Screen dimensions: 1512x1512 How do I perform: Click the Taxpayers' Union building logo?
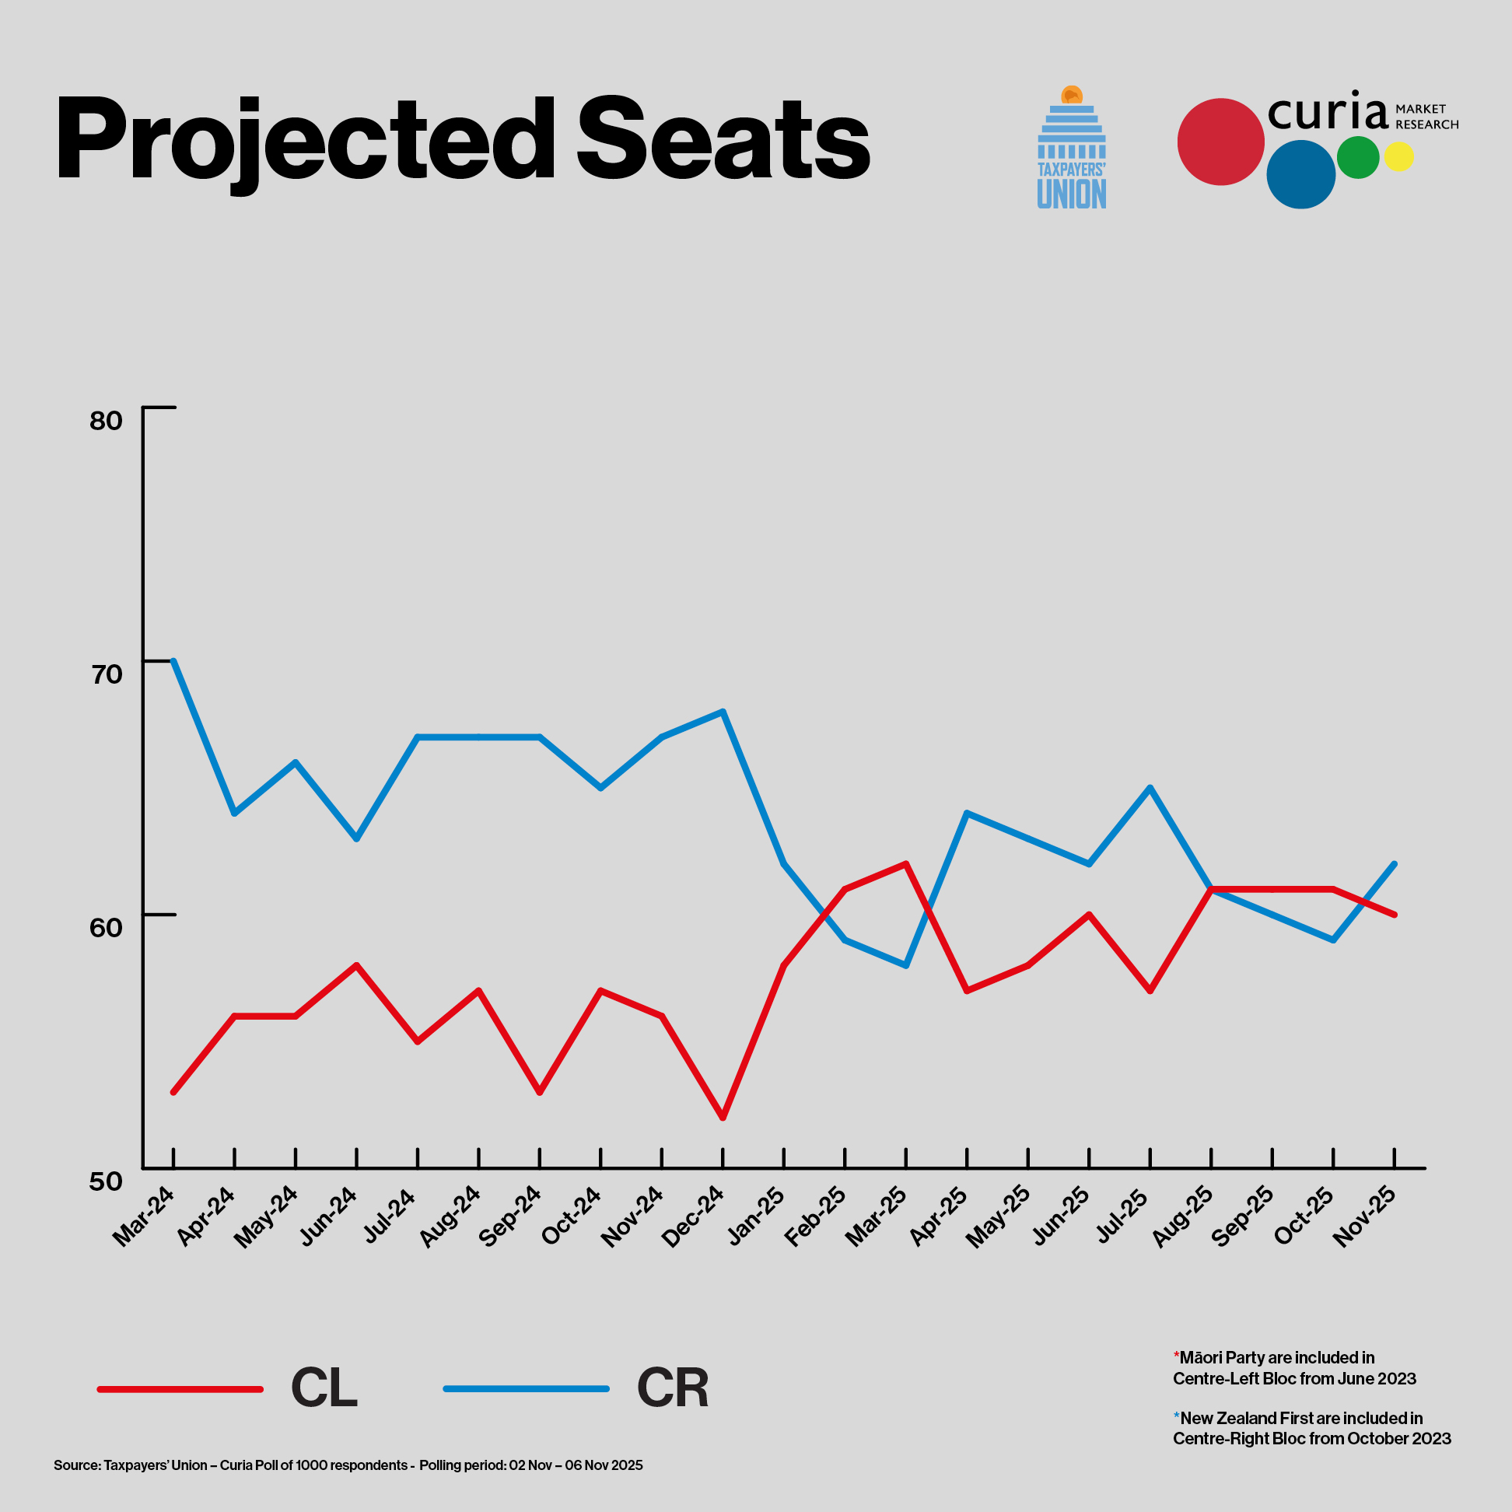pos(1072,149)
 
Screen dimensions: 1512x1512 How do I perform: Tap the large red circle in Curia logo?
pos(1220,142)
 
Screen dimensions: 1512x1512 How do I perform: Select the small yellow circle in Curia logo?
pos(1398,156)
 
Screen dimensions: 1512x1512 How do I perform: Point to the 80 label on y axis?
pos(107,421)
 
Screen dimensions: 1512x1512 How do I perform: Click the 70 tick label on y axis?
pos(107,674)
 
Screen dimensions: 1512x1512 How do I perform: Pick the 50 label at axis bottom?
pos(107,1181)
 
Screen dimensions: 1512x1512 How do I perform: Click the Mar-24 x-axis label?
pos(144,1216)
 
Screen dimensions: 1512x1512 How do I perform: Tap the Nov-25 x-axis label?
pos(1365,1216)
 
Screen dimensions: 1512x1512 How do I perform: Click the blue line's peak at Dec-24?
pos(723,712)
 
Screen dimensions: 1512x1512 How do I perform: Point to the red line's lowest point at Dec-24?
pos(723,1118)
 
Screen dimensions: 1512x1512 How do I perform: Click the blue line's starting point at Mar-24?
pos(173,660)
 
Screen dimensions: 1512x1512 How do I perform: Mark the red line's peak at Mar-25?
pos(906,863)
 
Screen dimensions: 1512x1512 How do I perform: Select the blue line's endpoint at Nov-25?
pos(1395,863)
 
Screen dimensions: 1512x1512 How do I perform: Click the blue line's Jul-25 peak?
pos(1150,787)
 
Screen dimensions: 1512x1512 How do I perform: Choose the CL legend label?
pos(324,1388)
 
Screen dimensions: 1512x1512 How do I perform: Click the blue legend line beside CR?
pos(526,1388)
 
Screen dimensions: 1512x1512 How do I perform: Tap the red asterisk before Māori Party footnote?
pos(1176,1356)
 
